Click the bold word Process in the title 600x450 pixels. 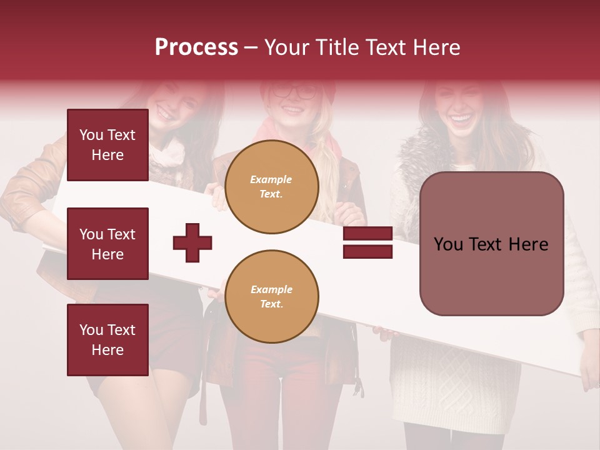(196, 47)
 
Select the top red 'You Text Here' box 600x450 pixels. (107, 145)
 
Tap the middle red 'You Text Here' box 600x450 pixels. (107, 244)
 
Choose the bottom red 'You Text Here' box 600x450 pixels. (107, 340)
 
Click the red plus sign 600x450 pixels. (192, 242)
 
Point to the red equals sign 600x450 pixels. (367, 243)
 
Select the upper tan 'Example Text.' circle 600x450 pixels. (272, 187)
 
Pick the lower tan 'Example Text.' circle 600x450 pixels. (272, 297)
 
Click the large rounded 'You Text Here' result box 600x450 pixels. (491, 244)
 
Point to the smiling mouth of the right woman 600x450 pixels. (462, 117)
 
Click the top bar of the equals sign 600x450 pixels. (367, 234)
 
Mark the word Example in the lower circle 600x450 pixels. (271, 289)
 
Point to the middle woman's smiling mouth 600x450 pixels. (292, 111)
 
